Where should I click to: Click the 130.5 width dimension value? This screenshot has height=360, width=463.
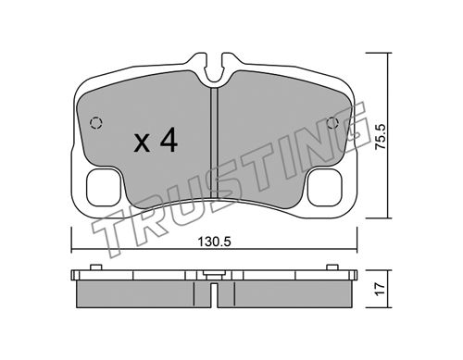pyautogui.click(x=214, y=242)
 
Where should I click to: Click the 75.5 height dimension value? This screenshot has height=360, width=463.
pyautogui.click(x=381, y=137)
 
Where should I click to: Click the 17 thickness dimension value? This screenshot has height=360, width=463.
pyautogui.click(x=380, y=289)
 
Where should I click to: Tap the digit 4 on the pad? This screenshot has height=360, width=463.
pyautogui.click(x=169, y=140)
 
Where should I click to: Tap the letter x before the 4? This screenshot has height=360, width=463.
pyautogui.click(x=142, y=143)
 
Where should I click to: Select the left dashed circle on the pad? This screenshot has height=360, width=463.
pyautogui.click(x=96, y=123)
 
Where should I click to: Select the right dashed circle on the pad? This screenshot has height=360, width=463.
pyautogui.click(x=332, y=123)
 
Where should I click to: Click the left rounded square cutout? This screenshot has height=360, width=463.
pyautogui.click(x=103, y=188)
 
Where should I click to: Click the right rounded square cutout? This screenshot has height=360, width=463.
pyautogui.click(x=325, y=188)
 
